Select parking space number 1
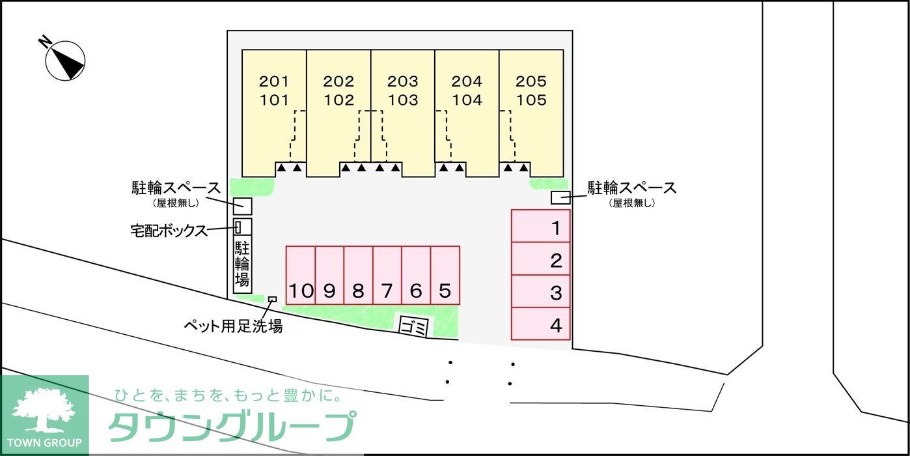point(540,226)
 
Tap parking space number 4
point(540,324)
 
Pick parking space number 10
point(301,275)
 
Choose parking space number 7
point(387,275)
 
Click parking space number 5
point(445,275)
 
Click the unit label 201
point(273,81)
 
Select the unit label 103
point(403,100)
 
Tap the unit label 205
point(531,81)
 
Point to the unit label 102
point(338,100)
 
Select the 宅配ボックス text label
point(169,231)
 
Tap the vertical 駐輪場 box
point(242,264)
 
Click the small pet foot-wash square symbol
point(272,300)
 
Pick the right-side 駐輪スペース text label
point(632,188)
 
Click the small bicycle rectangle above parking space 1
point(560,197)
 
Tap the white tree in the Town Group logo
point(43,409)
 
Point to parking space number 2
point(540,259)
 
